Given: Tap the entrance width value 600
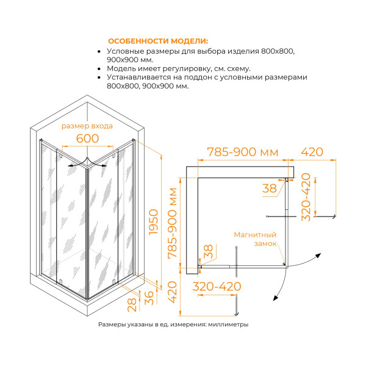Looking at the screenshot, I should pyautogui.click(x=87, y=139).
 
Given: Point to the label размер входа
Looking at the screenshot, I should pyautogui.click(x=87, y=126).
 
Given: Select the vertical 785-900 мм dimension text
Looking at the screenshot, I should pyautogui.click(x=173, y=223).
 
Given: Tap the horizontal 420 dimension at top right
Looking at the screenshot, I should pyautogui.click(x=311, y=151).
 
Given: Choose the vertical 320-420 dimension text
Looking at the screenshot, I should pyautogui.click(x=306, y=196).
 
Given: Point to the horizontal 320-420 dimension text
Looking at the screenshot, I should pyautogui.click(x=217, y=286).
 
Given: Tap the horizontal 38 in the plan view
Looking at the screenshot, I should pyautogui.click(x=269, y=189).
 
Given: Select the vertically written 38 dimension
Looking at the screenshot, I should pyautogui.click(x=207, y=251).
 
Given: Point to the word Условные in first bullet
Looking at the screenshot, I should pyautogui.click(x=126, y=52).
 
